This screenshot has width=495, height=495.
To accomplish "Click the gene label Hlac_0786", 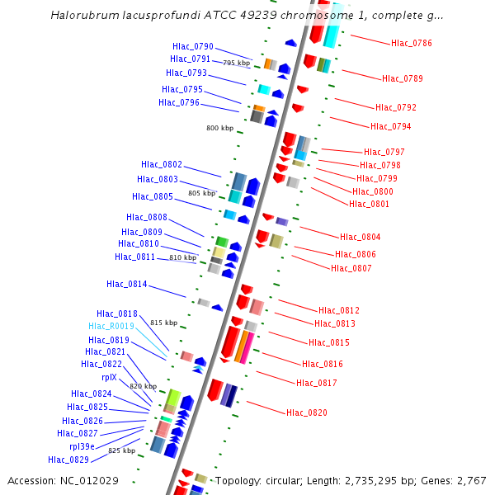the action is pyautogui.click(x=411, y=43).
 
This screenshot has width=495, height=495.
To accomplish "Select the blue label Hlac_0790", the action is pyautogui.click(x=192, y=46).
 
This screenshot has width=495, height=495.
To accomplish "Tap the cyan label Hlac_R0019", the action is pyautogui.click(x=111, y=326).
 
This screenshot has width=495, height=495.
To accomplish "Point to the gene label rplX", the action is pyautogui.click(x=109, y=377).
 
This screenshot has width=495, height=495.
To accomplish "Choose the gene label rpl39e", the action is pyautogui.click(x=81, y=446).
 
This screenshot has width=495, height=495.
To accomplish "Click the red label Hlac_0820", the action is pyautogui.click(x=307, y=412).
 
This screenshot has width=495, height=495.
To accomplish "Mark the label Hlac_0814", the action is pyautogui.click(x=126, y=284).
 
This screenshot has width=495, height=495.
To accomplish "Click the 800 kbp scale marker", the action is pyautogui.click(x=220, y=128).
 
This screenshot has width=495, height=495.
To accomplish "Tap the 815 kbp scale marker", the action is pyautogui.click(x=163, y=323).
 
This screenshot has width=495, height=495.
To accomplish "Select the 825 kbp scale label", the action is pyautogui.click(x=121, y=450).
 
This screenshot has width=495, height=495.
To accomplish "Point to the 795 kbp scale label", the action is pyautogui.click(x=237, y=63).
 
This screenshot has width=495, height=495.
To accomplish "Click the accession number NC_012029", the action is pyautogui.click(x=90, y=480).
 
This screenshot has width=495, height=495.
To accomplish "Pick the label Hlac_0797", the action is pyautogui.click(x=384, y=152).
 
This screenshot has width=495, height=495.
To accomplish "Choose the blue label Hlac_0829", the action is pyautogui.click(x=68, y=460).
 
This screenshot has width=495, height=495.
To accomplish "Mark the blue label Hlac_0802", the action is pyautogui.click(x=161, y=164).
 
